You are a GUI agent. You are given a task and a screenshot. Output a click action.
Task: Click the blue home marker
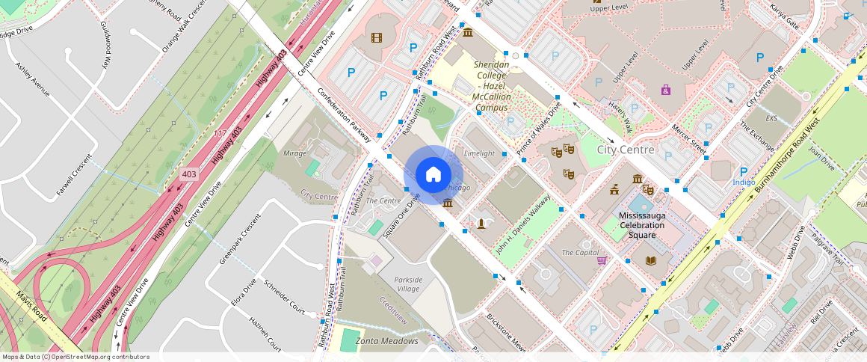tap(433, 175)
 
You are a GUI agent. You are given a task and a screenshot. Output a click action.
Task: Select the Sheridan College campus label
tap(492, 86)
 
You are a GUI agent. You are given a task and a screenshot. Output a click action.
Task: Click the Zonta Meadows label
tap(386, 341)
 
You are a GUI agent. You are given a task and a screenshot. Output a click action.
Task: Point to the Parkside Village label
tap(409, 285)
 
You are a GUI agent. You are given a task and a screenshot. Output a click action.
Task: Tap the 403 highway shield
tap(190, 174)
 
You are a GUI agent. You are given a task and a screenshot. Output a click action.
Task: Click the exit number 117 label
tap(220, 134)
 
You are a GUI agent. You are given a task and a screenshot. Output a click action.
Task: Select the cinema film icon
tap(376, 37)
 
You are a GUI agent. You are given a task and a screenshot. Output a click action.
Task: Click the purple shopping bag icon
tap(665, 90)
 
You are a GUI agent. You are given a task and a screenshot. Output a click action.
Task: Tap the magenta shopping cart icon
tap(602, 260)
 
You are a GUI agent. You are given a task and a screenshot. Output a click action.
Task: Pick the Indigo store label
tap(744, 182)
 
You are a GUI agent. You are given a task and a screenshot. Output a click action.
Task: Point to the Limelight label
tap(479, 153)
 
